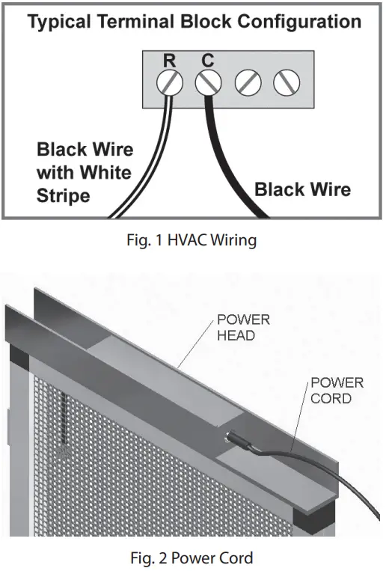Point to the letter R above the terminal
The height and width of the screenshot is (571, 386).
(170, 58)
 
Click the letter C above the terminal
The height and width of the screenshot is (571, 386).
(207, 58)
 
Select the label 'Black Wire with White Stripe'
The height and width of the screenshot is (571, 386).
(84, 173)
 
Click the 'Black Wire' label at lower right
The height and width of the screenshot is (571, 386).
(302, 189)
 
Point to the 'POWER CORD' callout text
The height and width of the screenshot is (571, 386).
(337, 390)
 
